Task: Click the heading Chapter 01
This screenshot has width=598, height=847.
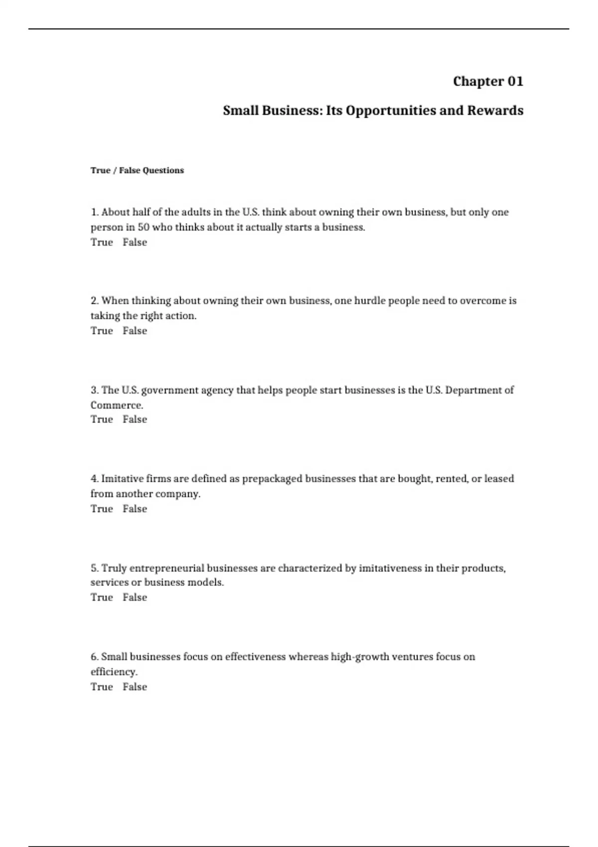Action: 488,81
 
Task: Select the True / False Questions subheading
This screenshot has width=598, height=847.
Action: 137,170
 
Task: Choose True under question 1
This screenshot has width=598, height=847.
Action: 102,242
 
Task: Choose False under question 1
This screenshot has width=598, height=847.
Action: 135,242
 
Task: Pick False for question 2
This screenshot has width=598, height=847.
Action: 135,331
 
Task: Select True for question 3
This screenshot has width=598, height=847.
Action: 102,420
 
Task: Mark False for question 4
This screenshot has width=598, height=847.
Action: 135,509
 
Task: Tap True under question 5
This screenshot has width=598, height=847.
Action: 102,597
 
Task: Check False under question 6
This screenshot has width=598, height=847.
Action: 135,687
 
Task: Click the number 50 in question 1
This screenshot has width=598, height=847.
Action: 144,227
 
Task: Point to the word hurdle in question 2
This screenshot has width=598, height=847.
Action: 369,301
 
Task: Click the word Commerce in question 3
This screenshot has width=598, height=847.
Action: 116,405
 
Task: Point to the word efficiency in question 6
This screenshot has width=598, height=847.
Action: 114,672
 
